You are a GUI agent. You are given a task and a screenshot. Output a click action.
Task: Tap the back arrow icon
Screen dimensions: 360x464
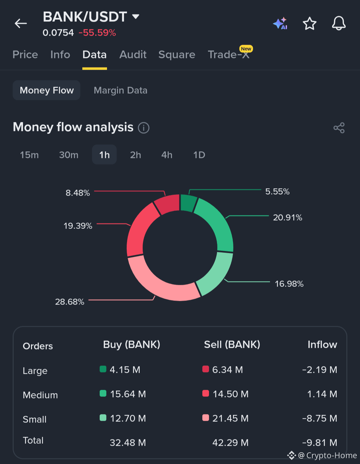coord(21,23)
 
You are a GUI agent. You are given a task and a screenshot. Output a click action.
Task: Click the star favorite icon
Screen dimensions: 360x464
coord(309,23)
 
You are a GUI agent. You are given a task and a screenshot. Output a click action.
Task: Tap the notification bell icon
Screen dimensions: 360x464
coord(339,23)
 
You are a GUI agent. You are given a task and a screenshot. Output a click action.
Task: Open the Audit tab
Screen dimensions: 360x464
coord(133,54)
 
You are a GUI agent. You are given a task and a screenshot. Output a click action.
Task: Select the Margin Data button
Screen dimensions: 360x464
coord(120,90)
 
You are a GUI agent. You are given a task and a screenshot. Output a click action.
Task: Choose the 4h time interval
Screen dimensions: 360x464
coord(167,155)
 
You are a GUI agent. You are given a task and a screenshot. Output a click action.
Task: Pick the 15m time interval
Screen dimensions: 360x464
coord(29,155)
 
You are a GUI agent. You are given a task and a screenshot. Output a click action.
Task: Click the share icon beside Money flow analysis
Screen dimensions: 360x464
coord(339,128)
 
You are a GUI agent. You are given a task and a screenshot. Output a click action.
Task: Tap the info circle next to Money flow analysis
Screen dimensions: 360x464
coord(144,128)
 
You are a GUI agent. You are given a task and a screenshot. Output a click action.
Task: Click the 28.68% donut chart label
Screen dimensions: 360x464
coord(70,302)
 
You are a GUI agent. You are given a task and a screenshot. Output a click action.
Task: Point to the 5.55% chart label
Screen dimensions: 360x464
coord(277,192)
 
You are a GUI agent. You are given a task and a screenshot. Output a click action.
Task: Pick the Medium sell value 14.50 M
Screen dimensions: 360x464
coord(231,394)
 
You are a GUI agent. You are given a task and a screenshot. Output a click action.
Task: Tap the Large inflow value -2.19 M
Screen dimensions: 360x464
coord(320,370)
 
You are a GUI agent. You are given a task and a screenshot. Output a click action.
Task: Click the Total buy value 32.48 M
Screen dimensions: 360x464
coord(128,443)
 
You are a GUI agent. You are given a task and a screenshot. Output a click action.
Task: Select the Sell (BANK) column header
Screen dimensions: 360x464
coord(232,344)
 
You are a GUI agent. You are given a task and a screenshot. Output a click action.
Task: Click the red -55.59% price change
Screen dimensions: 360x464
coord(97,33)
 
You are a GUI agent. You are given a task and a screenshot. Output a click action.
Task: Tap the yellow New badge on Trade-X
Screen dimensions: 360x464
coord(246,49)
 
